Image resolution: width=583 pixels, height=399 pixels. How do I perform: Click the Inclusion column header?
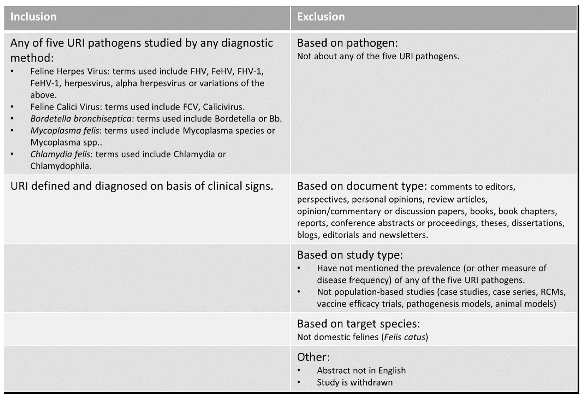[x=33, y=17]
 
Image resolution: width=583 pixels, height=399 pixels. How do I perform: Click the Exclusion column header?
[x=321, y=17]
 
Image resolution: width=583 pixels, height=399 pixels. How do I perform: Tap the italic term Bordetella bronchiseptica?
[x=81, y=119]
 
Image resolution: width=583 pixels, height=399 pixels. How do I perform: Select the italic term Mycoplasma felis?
[x=65, y=131]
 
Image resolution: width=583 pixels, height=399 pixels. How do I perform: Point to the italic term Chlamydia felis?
[x=60, y=154]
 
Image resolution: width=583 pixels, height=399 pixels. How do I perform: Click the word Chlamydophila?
[x=61, y=166]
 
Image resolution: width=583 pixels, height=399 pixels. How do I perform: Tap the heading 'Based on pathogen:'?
[x=347, y=43]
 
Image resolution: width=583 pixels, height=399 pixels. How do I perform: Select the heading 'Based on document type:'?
[x=362, y=186]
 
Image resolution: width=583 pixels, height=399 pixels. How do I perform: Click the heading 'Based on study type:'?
[x=350, y=255]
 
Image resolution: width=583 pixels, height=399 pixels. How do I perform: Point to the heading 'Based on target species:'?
[x=358, y=324]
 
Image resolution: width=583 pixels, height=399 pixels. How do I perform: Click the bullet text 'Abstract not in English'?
[x=361, y=370]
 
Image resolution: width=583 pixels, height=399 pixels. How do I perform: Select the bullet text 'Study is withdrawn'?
[x=355, y=382]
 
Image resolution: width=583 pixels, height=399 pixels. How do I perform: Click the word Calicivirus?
[x=223, y=107]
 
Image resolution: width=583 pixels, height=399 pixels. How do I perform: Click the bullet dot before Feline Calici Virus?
[x=12, y=107]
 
